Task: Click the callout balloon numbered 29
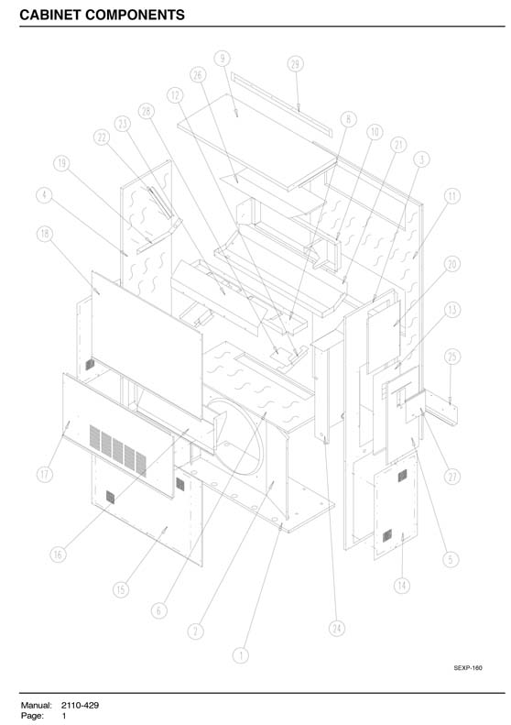[296, 64]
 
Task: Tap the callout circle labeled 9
[223, 59]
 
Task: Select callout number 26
[198, 75]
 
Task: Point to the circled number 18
[44, 234]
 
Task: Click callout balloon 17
[44, 474]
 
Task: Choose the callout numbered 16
[58, 555]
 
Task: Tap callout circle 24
[337, 628]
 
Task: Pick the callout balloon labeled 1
[240, 655]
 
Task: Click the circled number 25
[452, 357]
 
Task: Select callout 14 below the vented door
[402, 586]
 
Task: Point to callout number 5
[451, 559]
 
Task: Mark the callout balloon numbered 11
[451, 196]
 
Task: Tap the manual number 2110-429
[80, 705]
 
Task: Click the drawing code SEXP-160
[468, 667]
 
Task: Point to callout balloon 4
[44, 194]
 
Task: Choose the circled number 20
[451, 264]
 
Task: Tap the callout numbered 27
[452, 477]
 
